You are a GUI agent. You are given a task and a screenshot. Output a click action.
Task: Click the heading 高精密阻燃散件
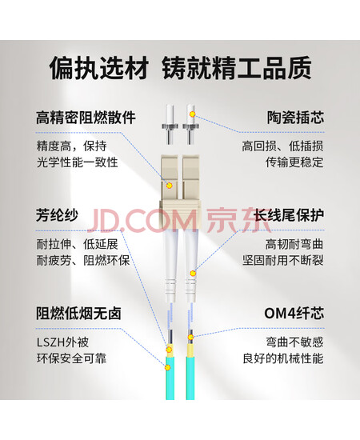tap(86, 118)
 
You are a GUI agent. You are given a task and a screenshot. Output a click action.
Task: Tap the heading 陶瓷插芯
tap(296, 118)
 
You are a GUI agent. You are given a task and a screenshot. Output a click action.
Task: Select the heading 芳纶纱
tap(58, 215)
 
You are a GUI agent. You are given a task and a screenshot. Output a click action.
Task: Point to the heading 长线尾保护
tap(289, 215)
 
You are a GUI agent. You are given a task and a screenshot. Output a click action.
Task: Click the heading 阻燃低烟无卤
tap(78, 313)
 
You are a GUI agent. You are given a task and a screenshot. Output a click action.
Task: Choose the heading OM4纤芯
tap(294, 313)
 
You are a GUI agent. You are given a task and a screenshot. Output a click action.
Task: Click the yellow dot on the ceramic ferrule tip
tap(192, 114)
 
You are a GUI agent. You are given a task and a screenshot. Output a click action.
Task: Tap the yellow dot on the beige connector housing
tap(169, 186)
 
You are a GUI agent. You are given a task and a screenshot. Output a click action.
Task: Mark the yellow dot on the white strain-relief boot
tap(193, 273)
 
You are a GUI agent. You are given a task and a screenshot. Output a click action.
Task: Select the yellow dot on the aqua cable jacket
tap(168, 367)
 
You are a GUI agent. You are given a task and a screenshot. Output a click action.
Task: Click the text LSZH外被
tap(63, 342)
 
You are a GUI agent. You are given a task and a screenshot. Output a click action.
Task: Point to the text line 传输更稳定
tap(294, 162)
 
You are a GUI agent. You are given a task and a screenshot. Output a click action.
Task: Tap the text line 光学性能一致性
tap(77, 162)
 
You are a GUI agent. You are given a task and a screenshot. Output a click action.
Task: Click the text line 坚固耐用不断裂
tap(283, 260)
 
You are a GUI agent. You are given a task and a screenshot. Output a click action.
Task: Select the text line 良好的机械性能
tap(283, 358)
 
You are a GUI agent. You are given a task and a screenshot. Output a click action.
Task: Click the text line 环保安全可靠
tap(71, 358)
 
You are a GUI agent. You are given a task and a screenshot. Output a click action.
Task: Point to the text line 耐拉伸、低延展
tap(78, 244)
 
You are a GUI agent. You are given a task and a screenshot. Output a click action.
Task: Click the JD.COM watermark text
tap(142, 220)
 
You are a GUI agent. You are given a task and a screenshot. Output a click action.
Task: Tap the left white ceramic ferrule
tap(169, 124)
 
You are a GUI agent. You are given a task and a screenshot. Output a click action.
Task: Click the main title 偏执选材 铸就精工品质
tap(181, 68)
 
